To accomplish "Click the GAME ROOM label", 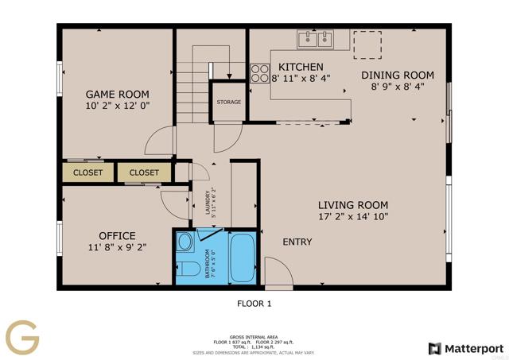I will (118, 94).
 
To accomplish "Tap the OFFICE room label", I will (117, 236).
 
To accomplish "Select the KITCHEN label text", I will (301, 67).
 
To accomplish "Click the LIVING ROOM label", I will (353, 203).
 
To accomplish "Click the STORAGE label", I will (229, 103).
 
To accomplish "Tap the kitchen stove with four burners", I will (260, 73).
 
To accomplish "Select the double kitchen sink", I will (316, 37).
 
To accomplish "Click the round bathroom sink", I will (185, 242).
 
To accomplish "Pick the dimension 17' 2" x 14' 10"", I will (353, 216).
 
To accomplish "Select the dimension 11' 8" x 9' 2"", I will (117, 248).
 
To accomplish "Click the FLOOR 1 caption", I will (254, 303).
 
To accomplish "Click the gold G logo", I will (22, 336).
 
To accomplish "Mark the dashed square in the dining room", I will (367, 45).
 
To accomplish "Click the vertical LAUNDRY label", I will (209, 205).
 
